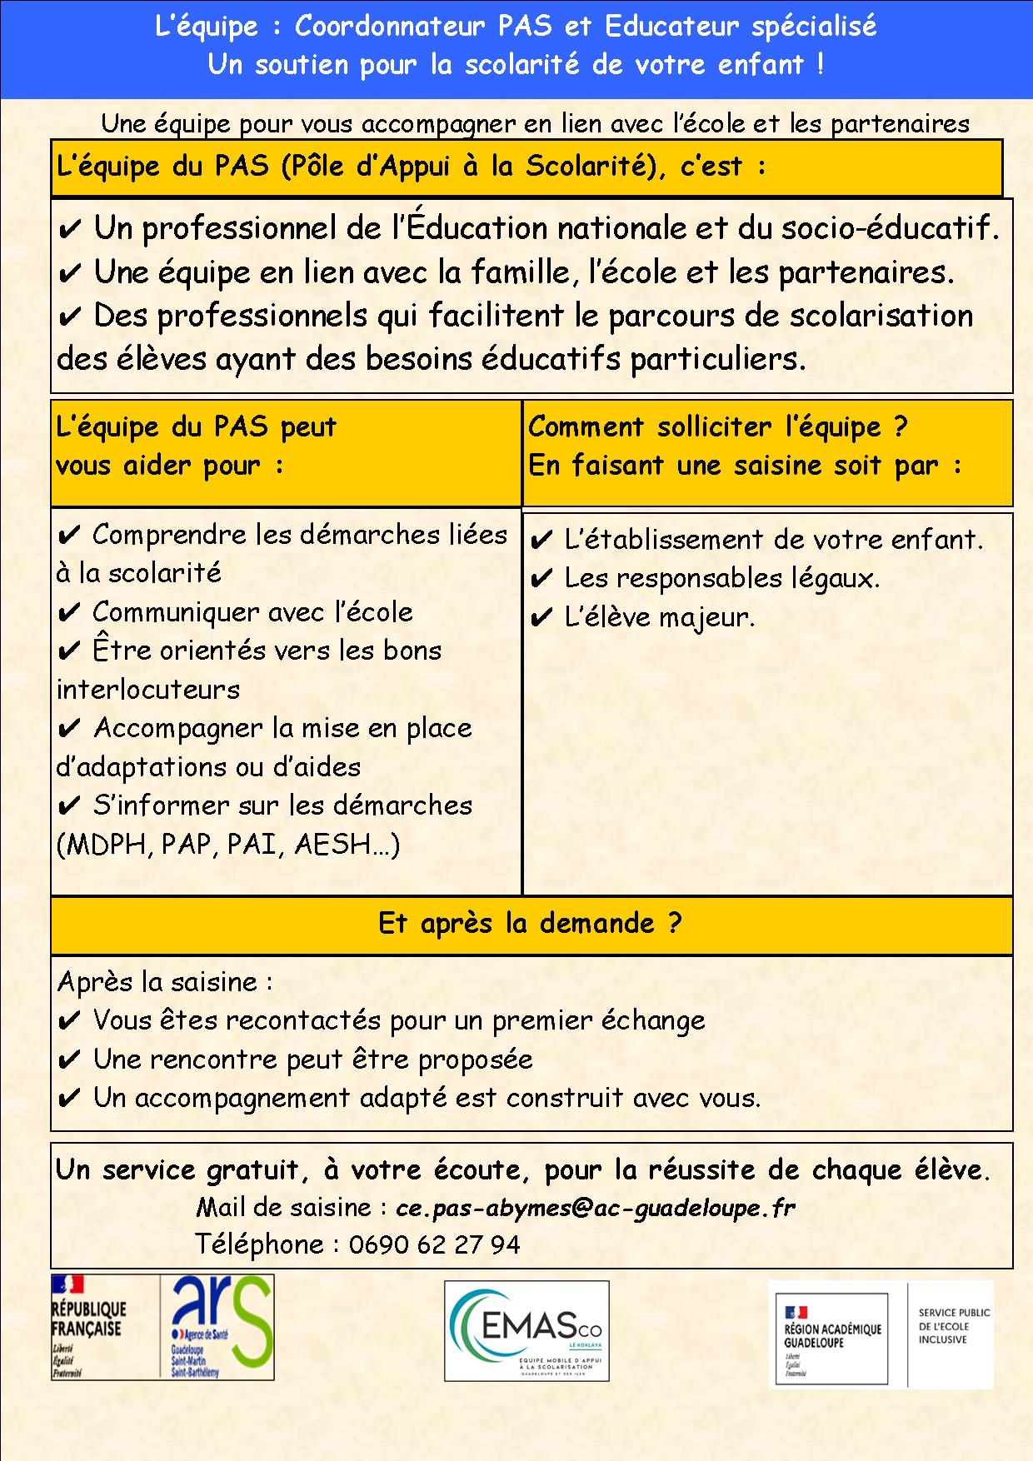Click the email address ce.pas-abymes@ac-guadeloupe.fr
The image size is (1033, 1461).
coord(595,1208)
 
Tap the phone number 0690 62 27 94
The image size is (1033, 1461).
coord(434,1244)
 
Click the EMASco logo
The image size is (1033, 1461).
coord(526,1330)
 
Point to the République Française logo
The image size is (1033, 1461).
coord(88,1326)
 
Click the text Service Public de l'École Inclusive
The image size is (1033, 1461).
coord(954,1325)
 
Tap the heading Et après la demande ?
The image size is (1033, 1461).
coord(530,923)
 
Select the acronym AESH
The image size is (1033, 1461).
coord(341,845)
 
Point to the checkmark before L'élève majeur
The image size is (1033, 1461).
coord(541,618)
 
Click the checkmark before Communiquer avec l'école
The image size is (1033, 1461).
coord(69,613)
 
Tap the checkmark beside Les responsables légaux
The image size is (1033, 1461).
coord(541,579)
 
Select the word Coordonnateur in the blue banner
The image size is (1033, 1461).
coord(389,27)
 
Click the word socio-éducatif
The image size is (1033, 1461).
coord(890,228)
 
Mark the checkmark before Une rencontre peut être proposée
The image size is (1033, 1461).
coord(70,1060)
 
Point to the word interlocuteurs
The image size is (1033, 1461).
coord(148,690)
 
